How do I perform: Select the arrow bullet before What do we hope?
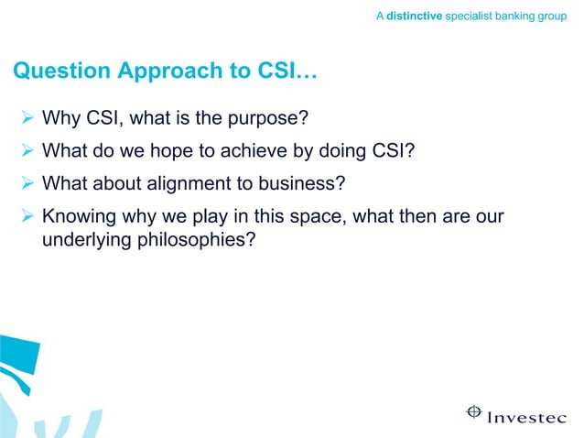[x=27, y=150]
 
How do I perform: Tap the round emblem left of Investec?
[x=474, y=411]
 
